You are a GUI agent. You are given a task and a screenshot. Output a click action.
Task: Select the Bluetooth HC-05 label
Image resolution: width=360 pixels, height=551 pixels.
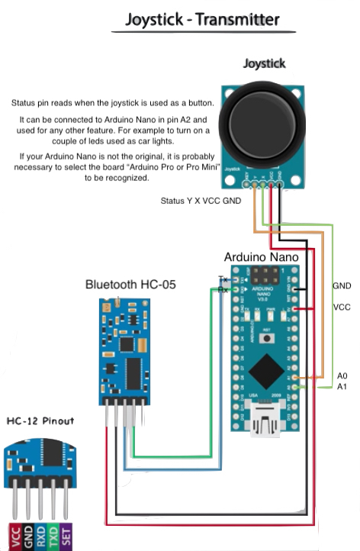130,285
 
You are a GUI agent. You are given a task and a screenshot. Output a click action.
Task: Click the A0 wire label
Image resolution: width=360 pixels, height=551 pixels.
341,376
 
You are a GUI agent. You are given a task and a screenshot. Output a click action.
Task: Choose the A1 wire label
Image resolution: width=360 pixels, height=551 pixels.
341,387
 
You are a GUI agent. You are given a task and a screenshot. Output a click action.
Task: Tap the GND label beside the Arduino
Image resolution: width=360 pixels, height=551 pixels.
342,285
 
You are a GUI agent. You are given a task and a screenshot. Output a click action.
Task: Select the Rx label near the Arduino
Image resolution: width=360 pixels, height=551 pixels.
223,289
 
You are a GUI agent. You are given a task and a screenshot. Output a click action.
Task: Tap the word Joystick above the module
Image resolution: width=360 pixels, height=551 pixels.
264,64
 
